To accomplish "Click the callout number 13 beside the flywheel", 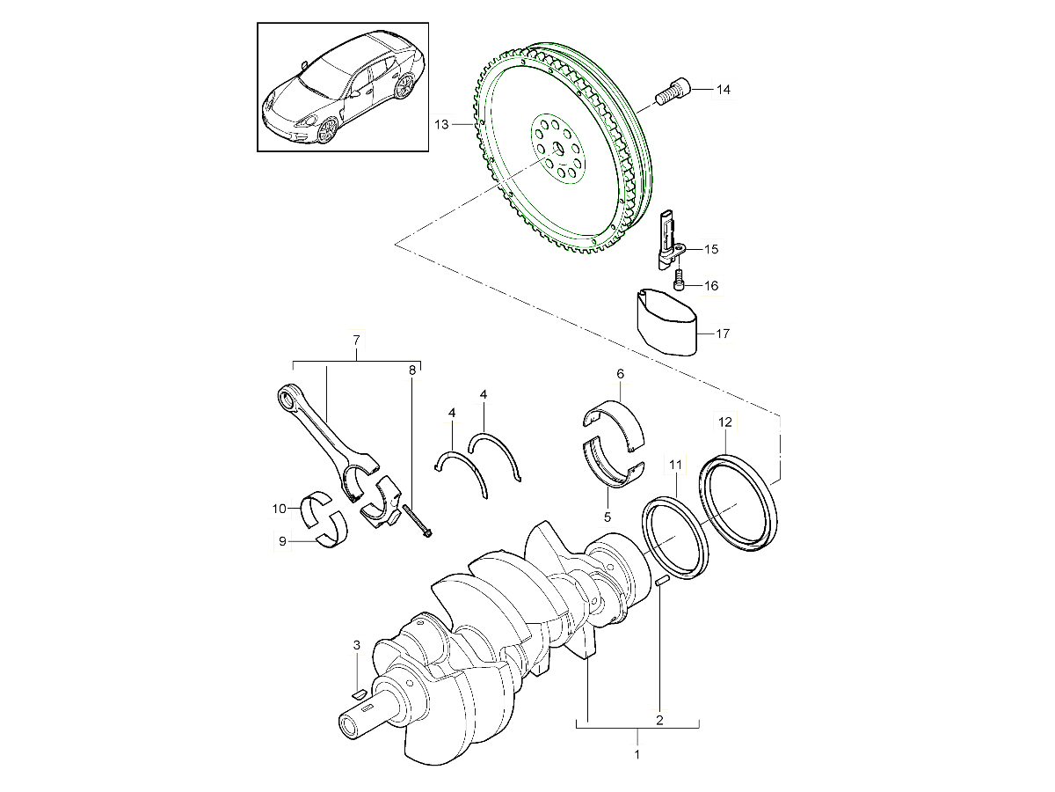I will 441,125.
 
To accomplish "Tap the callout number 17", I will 723,334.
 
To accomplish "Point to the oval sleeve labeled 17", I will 666,322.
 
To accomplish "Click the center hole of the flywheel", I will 553,158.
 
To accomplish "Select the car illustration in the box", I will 343,88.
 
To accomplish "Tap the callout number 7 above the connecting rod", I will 356,340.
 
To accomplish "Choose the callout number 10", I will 279,509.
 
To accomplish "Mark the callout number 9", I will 282,542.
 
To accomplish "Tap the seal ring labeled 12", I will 740,505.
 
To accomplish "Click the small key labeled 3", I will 358,694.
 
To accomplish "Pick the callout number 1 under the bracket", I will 637,754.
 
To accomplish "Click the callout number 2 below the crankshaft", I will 659,720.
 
